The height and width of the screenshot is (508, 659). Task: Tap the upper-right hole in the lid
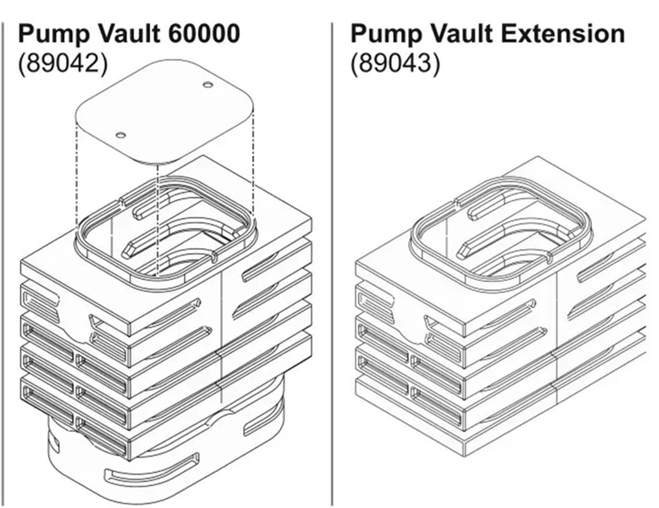(207, 85)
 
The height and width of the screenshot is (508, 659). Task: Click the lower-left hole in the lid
(120, 135)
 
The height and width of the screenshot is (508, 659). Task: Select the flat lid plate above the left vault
(164, 109)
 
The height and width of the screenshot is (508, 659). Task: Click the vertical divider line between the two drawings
(333, 258)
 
